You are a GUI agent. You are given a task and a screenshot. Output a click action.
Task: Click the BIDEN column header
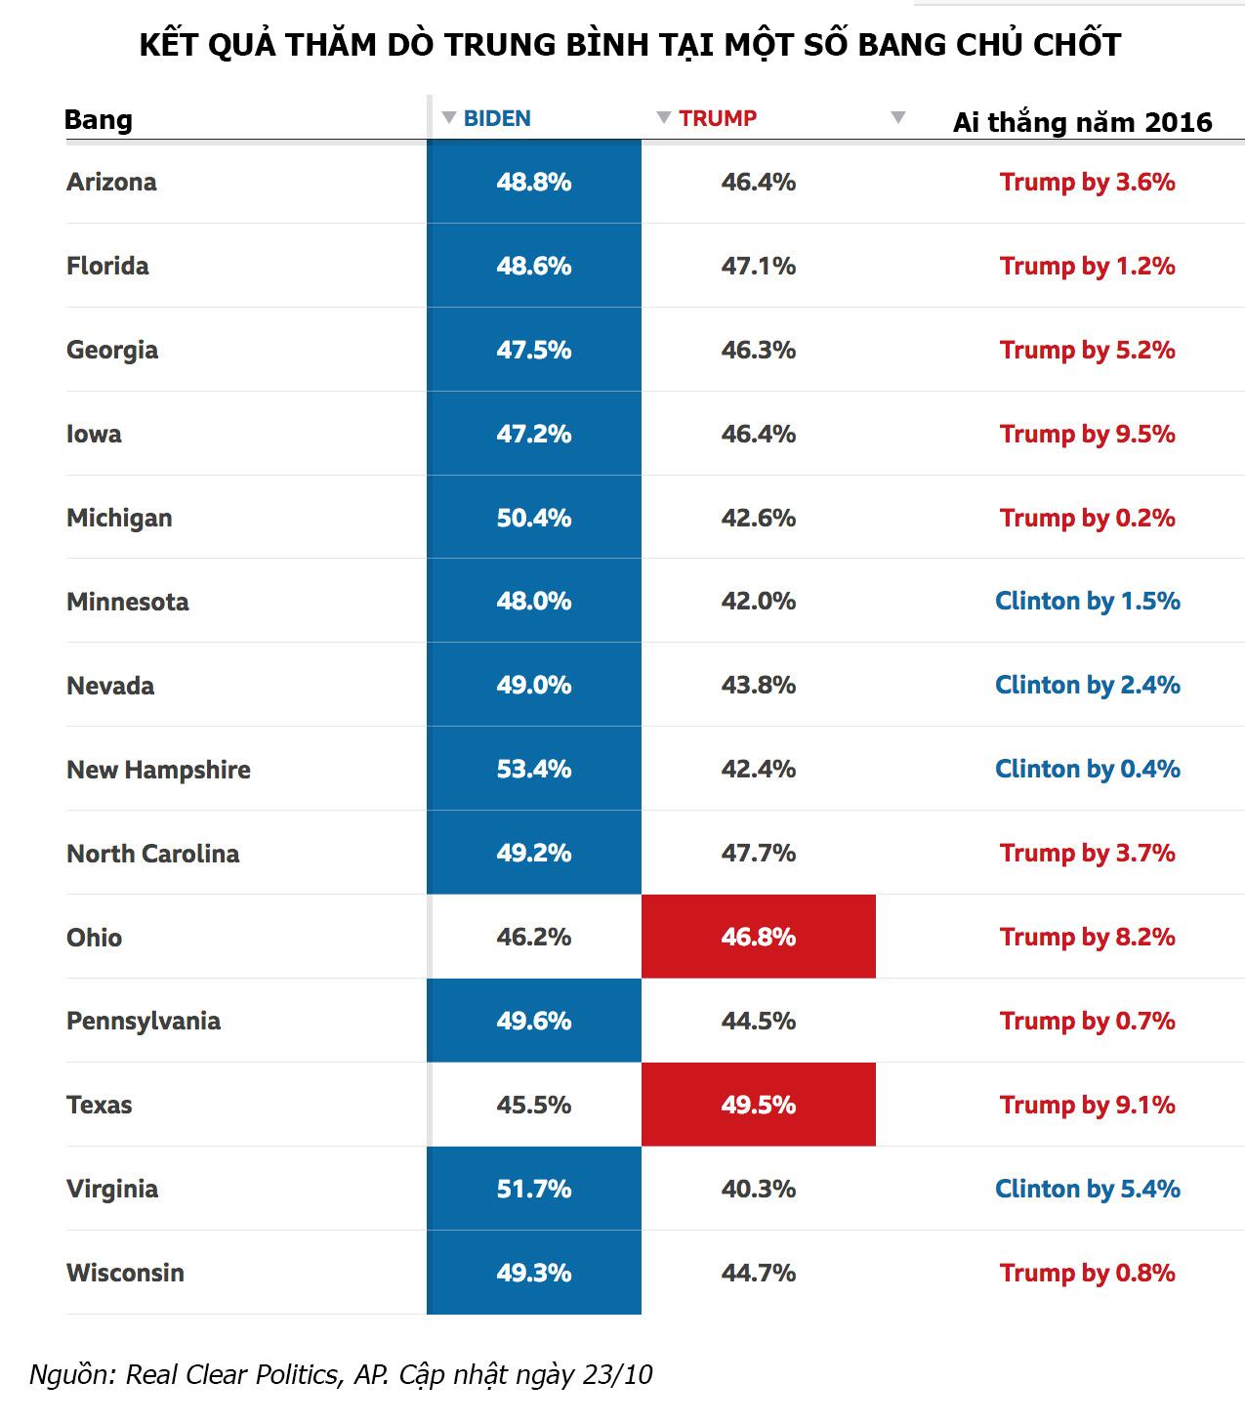(x=497, y=118)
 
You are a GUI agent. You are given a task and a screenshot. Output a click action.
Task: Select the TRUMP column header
(x=718, y=118)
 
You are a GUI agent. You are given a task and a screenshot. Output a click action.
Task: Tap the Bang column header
(x=98, y=119)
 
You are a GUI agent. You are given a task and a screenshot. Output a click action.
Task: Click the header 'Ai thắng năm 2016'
(x=1082, y=122)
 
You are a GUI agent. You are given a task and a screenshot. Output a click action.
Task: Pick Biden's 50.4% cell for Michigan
(x=534, y=518)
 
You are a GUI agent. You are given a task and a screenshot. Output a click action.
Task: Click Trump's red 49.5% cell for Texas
(x=759, y=1105)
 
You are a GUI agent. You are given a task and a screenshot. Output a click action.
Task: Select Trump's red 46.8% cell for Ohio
(x=759, y=937)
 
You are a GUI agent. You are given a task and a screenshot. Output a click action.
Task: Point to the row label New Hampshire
(x=158, y=770)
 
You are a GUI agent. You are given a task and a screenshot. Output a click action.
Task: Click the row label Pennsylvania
(x=144, y=1021)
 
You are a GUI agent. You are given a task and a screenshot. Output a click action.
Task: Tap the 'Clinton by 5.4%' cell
(x=1087, y=1189)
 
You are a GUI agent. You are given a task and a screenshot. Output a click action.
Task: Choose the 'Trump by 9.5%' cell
(x=1087, y=434)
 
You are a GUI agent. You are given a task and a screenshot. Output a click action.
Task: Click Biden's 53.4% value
(x=534, y=769)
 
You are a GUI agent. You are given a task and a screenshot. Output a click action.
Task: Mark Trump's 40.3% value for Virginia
(x=759, y=1189)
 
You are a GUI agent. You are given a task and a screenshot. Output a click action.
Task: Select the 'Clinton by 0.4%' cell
(x=1087, y=769)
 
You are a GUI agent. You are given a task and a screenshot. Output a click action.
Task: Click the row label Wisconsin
(x=125, y=1273)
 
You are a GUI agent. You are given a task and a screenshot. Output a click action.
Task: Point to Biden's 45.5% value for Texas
(x=534, y=1105)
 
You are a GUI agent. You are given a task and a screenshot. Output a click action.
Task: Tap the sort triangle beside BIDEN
(x=449, y=117)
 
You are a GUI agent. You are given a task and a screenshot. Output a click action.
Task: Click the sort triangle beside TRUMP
(x=664, y=117)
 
